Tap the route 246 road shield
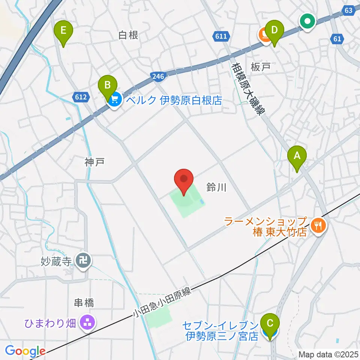pos(157,76)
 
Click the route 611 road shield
pos(221,36)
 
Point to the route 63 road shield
pos(349,10)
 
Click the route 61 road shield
pos(337,38)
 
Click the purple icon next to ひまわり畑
pos(87,322)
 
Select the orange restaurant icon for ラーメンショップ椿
pos(318,225)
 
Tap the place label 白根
pos(128,35)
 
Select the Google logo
pos(25,351)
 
